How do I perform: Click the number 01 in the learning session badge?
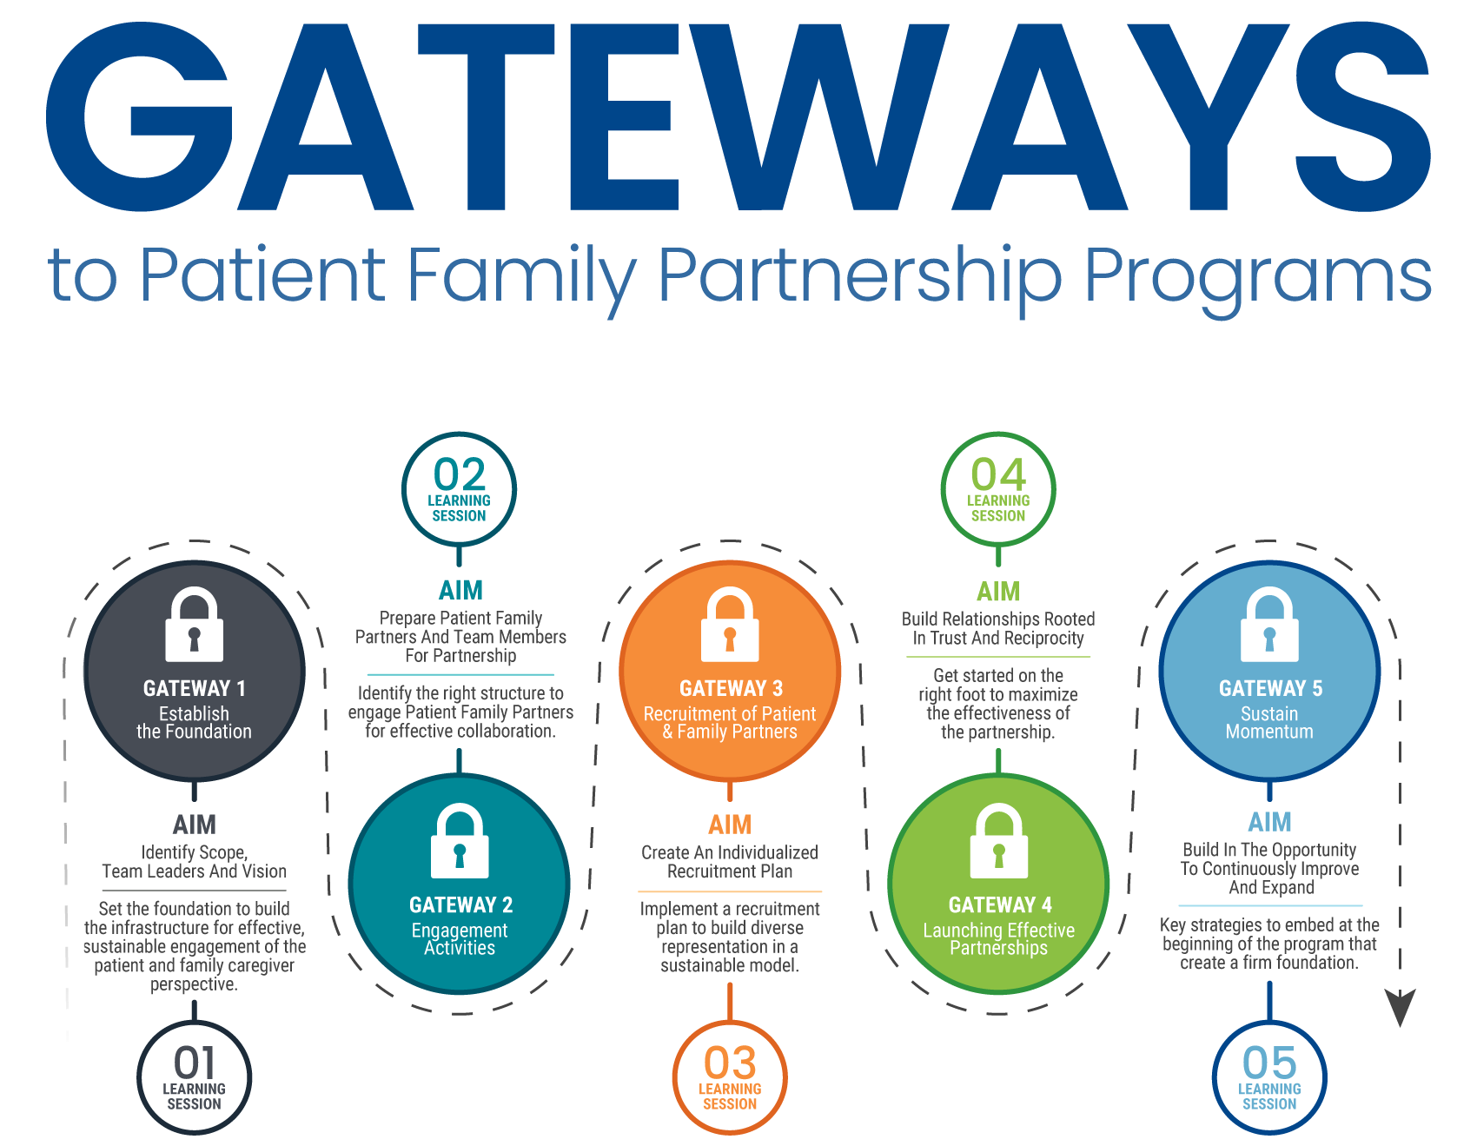(194, 1063)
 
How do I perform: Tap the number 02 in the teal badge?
(459, 475)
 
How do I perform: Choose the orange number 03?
(730, 1063)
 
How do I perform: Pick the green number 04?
(998, 475)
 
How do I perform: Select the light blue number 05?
(1269, 1063)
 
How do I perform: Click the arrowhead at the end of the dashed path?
(1400, 1008)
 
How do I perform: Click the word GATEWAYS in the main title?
(738, 117)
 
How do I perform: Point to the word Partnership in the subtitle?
(860, 276)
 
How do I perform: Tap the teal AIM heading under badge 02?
(460, 591)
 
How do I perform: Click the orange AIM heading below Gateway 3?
(730, 824)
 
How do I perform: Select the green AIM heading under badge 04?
(998, 592)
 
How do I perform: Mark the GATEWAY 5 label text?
(1270, 689)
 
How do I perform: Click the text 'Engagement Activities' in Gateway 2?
(460, 939)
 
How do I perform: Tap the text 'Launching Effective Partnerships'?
(998, 939)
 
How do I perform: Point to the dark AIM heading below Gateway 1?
(194, 824)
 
